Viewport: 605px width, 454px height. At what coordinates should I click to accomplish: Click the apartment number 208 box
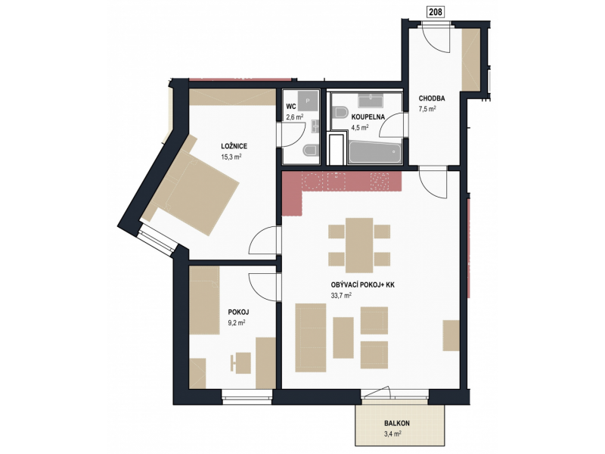436,12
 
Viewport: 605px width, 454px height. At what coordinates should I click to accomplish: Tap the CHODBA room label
432,98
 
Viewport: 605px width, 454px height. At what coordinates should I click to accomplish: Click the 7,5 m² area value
427,109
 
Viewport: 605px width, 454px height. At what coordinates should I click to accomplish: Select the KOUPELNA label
368,117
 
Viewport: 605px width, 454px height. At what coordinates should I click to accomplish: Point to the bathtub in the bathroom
375,153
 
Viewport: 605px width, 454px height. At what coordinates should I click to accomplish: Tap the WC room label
291,107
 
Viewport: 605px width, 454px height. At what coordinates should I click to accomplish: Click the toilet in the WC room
310,150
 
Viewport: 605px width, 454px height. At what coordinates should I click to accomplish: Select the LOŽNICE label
234,146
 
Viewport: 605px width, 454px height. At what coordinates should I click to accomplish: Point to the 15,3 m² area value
231,157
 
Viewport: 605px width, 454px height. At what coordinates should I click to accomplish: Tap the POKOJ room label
238,312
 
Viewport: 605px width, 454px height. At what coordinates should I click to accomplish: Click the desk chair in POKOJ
234,363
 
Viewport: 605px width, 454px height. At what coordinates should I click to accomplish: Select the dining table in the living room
359,245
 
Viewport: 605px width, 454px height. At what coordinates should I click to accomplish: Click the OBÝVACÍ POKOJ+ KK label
363,285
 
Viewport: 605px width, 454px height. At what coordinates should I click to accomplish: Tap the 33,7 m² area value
341,296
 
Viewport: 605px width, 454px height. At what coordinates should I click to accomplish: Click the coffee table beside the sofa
343,337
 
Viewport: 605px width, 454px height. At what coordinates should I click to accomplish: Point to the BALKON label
396,423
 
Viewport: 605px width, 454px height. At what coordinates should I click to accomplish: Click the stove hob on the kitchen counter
380,181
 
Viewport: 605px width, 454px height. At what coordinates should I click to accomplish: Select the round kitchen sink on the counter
312,181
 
